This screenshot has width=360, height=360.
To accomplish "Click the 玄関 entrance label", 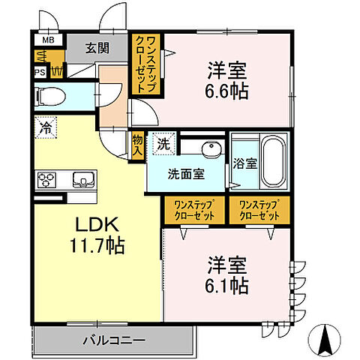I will click(x=97, y=49).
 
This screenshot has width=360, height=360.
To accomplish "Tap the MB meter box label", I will click(x=48, y=40).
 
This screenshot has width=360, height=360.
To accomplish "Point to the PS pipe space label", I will click(x=39, y=73).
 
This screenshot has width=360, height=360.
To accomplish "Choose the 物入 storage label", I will click(x=137, y=145).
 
